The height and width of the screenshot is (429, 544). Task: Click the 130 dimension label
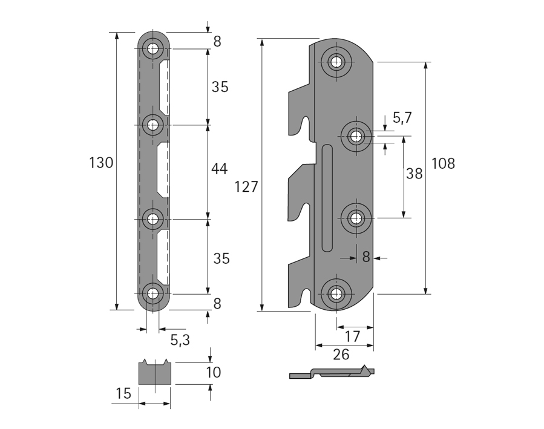tap(101, 163)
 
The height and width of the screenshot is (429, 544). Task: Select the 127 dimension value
tap(246, 187)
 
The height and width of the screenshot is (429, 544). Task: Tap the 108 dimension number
tap(443, 163)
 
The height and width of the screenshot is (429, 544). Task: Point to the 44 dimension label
tap(220, 169)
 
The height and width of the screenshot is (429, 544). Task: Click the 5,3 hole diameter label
tap(180, 339)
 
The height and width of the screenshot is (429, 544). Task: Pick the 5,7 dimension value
tap(402, 118)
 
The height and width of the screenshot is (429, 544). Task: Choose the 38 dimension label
tap(415, 174)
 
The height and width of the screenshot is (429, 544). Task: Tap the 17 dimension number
tap(352, 336)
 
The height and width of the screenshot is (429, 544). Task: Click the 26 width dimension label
tap(341, 354)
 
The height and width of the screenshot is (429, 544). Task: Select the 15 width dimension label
tap(123, 394)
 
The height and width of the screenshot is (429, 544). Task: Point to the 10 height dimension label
tap(212, 372)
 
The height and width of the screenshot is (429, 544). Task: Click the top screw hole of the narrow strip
tap(152, 48)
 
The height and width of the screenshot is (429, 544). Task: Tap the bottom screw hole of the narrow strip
tap(152, 295)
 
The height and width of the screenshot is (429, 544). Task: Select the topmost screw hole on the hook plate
tap(336, 61)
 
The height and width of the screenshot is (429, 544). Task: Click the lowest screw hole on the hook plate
tap(336, 295)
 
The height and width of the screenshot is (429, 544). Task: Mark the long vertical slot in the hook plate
tap(327, 198)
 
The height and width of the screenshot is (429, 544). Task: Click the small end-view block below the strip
tap(156, 373)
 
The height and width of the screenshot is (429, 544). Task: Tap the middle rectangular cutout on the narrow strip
tap(163, 170)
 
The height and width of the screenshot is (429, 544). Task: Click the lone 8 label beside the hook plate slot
tap(365, 257)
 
